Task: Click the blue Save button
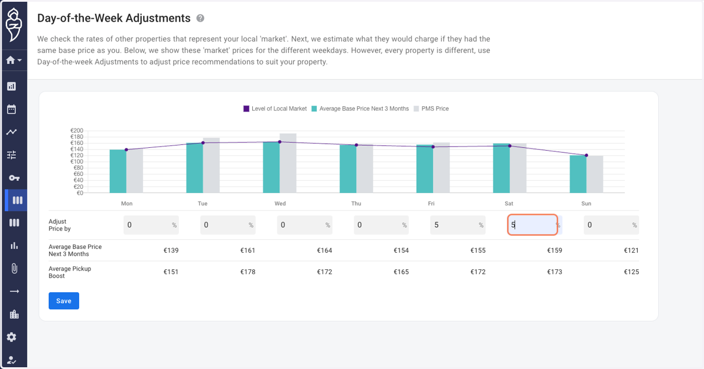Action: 64,301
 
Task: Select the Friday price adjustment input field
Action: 458,225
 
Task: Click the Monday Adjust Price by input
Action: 151,225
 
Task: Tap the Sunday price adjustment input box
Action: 611,225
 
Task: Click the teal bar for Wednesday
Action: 271,167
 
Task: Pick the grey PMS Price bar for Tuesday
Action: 211,165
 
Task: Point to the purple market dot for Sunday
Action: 587,155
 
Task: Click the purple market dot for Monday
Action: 126,150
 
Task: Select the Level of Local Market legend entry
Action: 275,109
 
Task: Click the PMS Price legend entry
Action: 431,109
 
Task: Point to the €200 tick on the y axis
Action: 77,130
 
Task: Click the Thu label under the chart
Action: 356,204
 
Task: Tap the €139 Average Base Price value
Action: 171,250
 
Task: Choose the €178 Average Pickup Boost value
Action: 248,272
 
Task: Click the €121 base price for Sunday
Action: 631,250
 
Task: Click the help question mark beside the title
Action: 200,18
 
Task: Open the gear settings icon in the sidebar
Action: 12,337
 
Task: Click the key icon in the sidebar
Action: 14,178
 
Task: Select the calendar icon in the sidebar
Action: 12,109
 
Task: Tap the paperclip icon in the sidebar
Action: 14,269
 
